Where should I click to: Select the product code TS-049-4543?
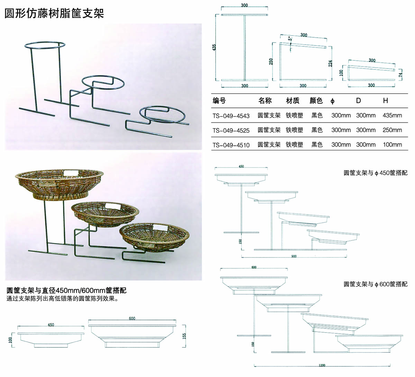click(x=231, y=115)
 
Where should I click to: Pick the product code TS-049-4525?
click(x=231, y=130)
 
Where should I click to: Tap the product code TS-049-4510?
click(x=231, y=145)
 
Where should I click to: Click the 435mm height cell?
click(x=392, y=115)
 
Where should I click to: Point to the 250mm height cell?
click(x=392, y=130)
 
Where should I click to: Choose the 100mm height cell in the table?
click(x=392, y=145)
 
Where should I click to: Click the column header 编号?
click(x=219, y=101)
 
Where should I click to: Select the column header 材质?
click(x=293, y=101)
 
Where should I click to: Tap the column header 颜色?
click(x=316, y=101)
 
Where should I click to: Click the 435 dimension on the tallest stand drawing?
click(x=214, y=47)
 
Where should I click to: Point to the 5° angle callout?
click(x=291, y=38)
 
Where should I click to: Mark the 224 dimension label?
click(x=331, y=63)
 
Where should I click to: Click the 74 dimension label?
click(x=400, y=74)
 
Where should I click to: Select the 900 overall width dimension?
click(x=294, y=256)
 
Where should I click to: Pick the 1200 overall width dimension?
click(x=322, y=365)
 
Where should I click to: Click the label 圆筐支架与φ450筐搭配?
click(x=375, y=173)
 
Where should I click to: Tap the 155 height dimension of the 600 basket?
click(x=184, y=336)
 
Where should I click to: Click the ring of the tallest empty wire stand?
click(x=44, y=45)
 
